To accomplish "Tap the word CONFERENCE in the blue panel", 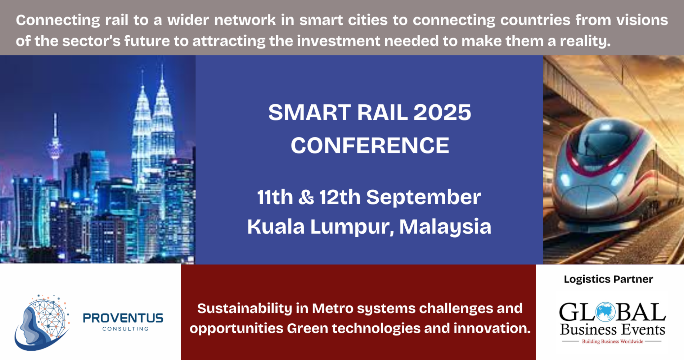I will point(370,146).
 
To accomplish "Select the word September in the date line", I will point(423,197).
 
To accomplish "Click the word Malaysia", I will point(445,227).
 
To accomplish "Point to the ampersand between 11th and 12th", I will point(306,197).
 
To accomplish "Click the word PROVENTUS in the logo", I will point(123,318).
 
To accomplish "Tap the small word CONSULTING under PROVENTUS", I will point(125,329).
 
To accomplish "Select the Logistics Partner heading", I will point(608,279).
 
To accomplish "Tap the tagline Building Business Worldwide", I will point(612,341).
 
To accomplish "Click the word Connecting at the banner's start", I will point(58,20).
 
